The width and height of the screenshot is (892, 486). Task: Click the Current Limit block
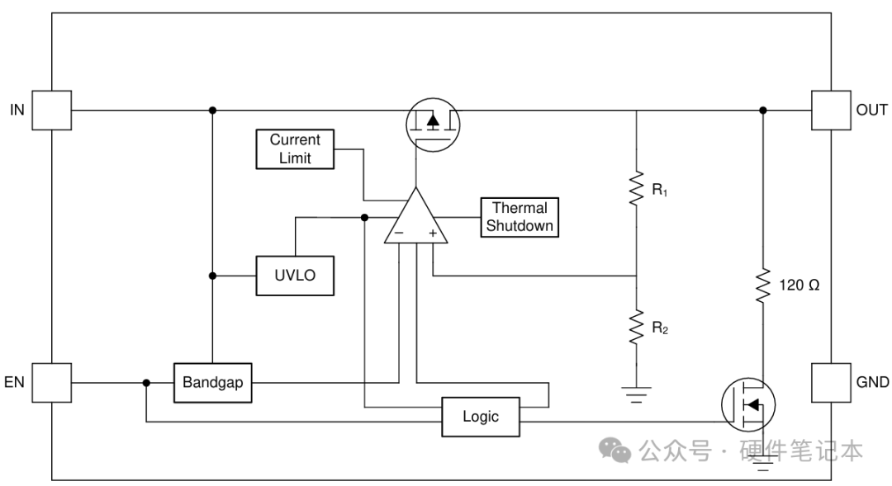tap(295, 149)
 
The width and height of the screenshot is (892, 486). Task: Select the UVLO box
tap(295, 276)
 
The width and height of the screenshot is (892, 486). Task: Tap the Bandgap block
tap(213, 383)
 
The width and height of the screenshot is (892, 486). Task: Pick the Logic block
tap(481, 417)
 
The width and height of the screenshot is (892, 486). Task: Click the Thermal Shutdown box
tap(520, 217)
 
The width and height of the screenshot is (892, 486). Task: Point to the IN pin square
tap(52, 111)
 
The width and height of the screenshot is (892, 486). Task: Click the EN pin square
tap(52, 383)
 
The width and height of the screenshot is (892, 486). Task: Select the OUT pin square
tap(831, 111)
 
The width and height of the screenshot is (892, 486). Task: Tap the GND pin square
tap(831, 383)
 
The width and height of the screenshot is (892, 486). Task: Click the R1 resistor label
tap(660, 189)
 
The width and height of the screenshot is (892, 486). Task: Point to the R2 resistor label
tap(660, 328)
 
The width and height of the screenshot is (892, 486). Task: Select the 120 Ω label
tap(799, 285)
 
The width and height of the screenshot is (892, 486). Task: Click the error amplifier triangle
tap(415, 216)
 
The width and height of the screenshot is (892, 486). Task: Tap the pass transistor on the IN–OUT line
tap(433, 125)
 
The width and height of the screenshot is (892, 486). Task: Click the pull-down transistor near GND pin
tap(748, 404)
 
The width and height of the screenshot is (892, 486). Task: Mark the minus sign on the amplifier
tap(399, 233)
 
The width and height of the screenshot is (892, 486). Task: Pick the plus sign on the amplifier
tap(433, 233)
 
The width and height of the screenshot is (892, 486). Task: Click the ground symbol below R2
tap(636, 394)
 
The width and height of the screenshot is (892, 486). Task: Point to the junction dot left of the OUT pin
tap(763, 111)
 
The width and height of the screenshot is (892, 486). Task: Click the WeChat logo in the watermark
tap(614, 451)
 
